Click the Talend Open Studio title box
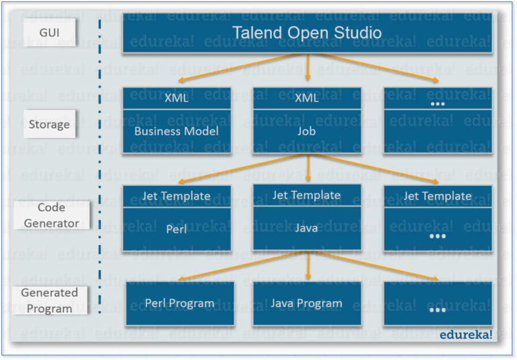(x=308, y=33)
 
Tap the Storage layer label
(x=49, y=124)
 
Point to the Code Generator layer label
(x=51, y=215)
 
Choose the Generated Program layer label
(x=49, y=300)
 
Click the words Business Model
(x=176, y=131)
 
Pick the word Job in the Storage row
(x=307, y=131)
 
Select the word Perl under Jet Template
(x=176, y=229)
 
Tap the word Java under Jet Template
(x=307, y=228)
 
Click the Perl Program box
(x=179, y=303)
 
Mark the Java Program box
(x=307, y=303)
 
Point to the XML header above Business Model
(x=176, y=98)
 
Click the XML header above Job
(x=307, y=98)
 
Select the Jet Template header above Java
(x=307, y=195)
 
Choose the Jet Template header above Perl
(x=176, y=196)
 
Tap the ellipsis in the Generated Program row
(x=438, y=309)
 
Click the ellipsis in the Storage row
(x=438, y=104)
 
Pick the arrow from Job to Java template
(x=308, y=168)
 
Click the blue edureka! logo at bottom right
(x=466, y=334)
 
